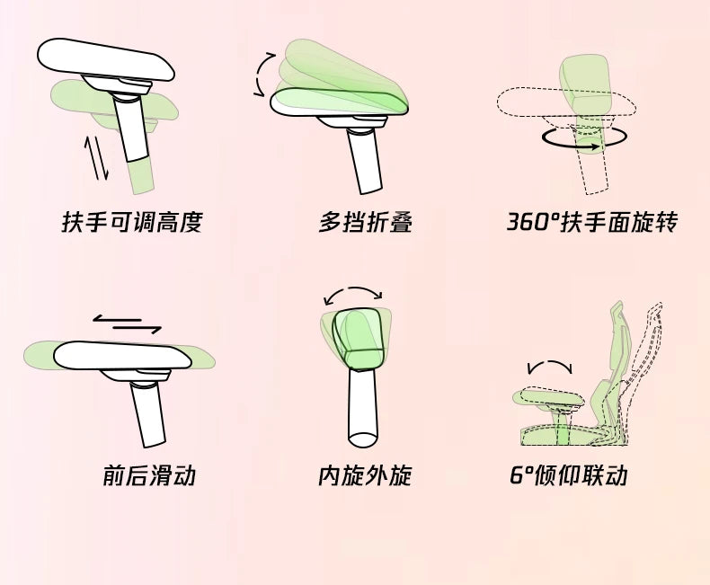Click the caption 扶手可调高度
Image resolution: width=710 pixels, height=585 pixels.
(132, 222)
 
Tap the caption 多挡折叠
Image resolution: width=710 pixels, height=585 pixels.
(366, 222)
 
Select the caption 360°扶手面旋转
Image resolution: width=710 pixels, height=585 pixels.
(592, 222)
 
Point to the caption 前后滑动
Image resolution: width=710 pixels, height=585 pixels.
(149, 475)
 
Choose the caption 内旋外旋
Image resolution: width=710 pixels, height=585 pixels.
(365, 475)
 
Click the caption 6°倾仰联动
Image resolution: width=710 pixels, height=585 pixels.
(569, 475)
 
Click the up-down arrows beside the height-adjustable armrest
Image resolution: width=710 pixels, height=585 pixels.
(96, 158)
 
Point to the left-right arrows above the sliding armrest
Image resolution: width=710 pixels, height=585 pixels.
(128, 324)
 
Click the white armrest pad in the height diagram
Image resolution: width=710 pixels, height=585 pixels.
(105, 59)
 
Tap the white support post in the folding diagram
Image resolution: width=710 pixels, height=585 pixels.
(365, 162)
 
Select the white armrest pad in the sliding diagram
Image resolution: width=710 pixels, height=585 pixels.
(122, 356)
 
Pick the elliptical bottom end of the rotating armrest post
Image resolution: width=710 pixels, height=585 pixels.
(363, 439)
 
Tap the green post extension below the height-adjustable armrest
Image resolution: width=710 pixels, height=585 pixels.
(141, 176)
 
